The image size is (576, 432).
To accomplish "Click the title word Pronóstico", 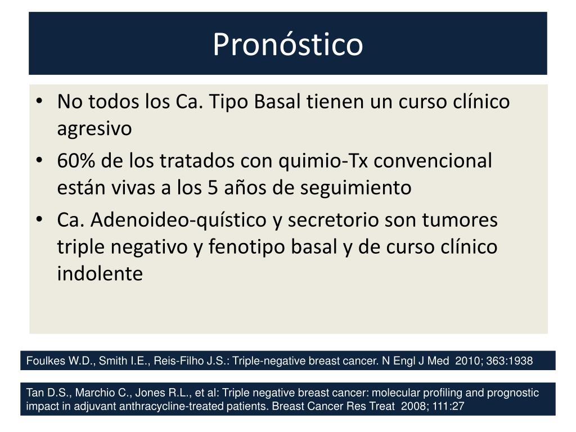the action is (288, 44).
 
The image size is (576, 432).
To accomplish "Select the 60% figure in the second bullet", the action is (76, 160).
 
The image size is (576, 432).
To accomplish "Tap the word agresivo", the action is (94, 129).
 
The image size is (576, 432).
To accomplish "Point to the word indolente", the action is (100, 273).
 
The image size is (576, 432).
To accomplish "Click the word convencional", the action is (433, 160).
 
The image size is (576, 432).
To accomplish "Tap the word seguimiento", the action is (355, 188).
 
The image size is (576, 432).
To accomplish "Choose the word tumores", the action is (460, 220).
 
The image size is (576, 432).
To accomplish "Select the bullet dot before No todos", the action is (39, 101).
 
